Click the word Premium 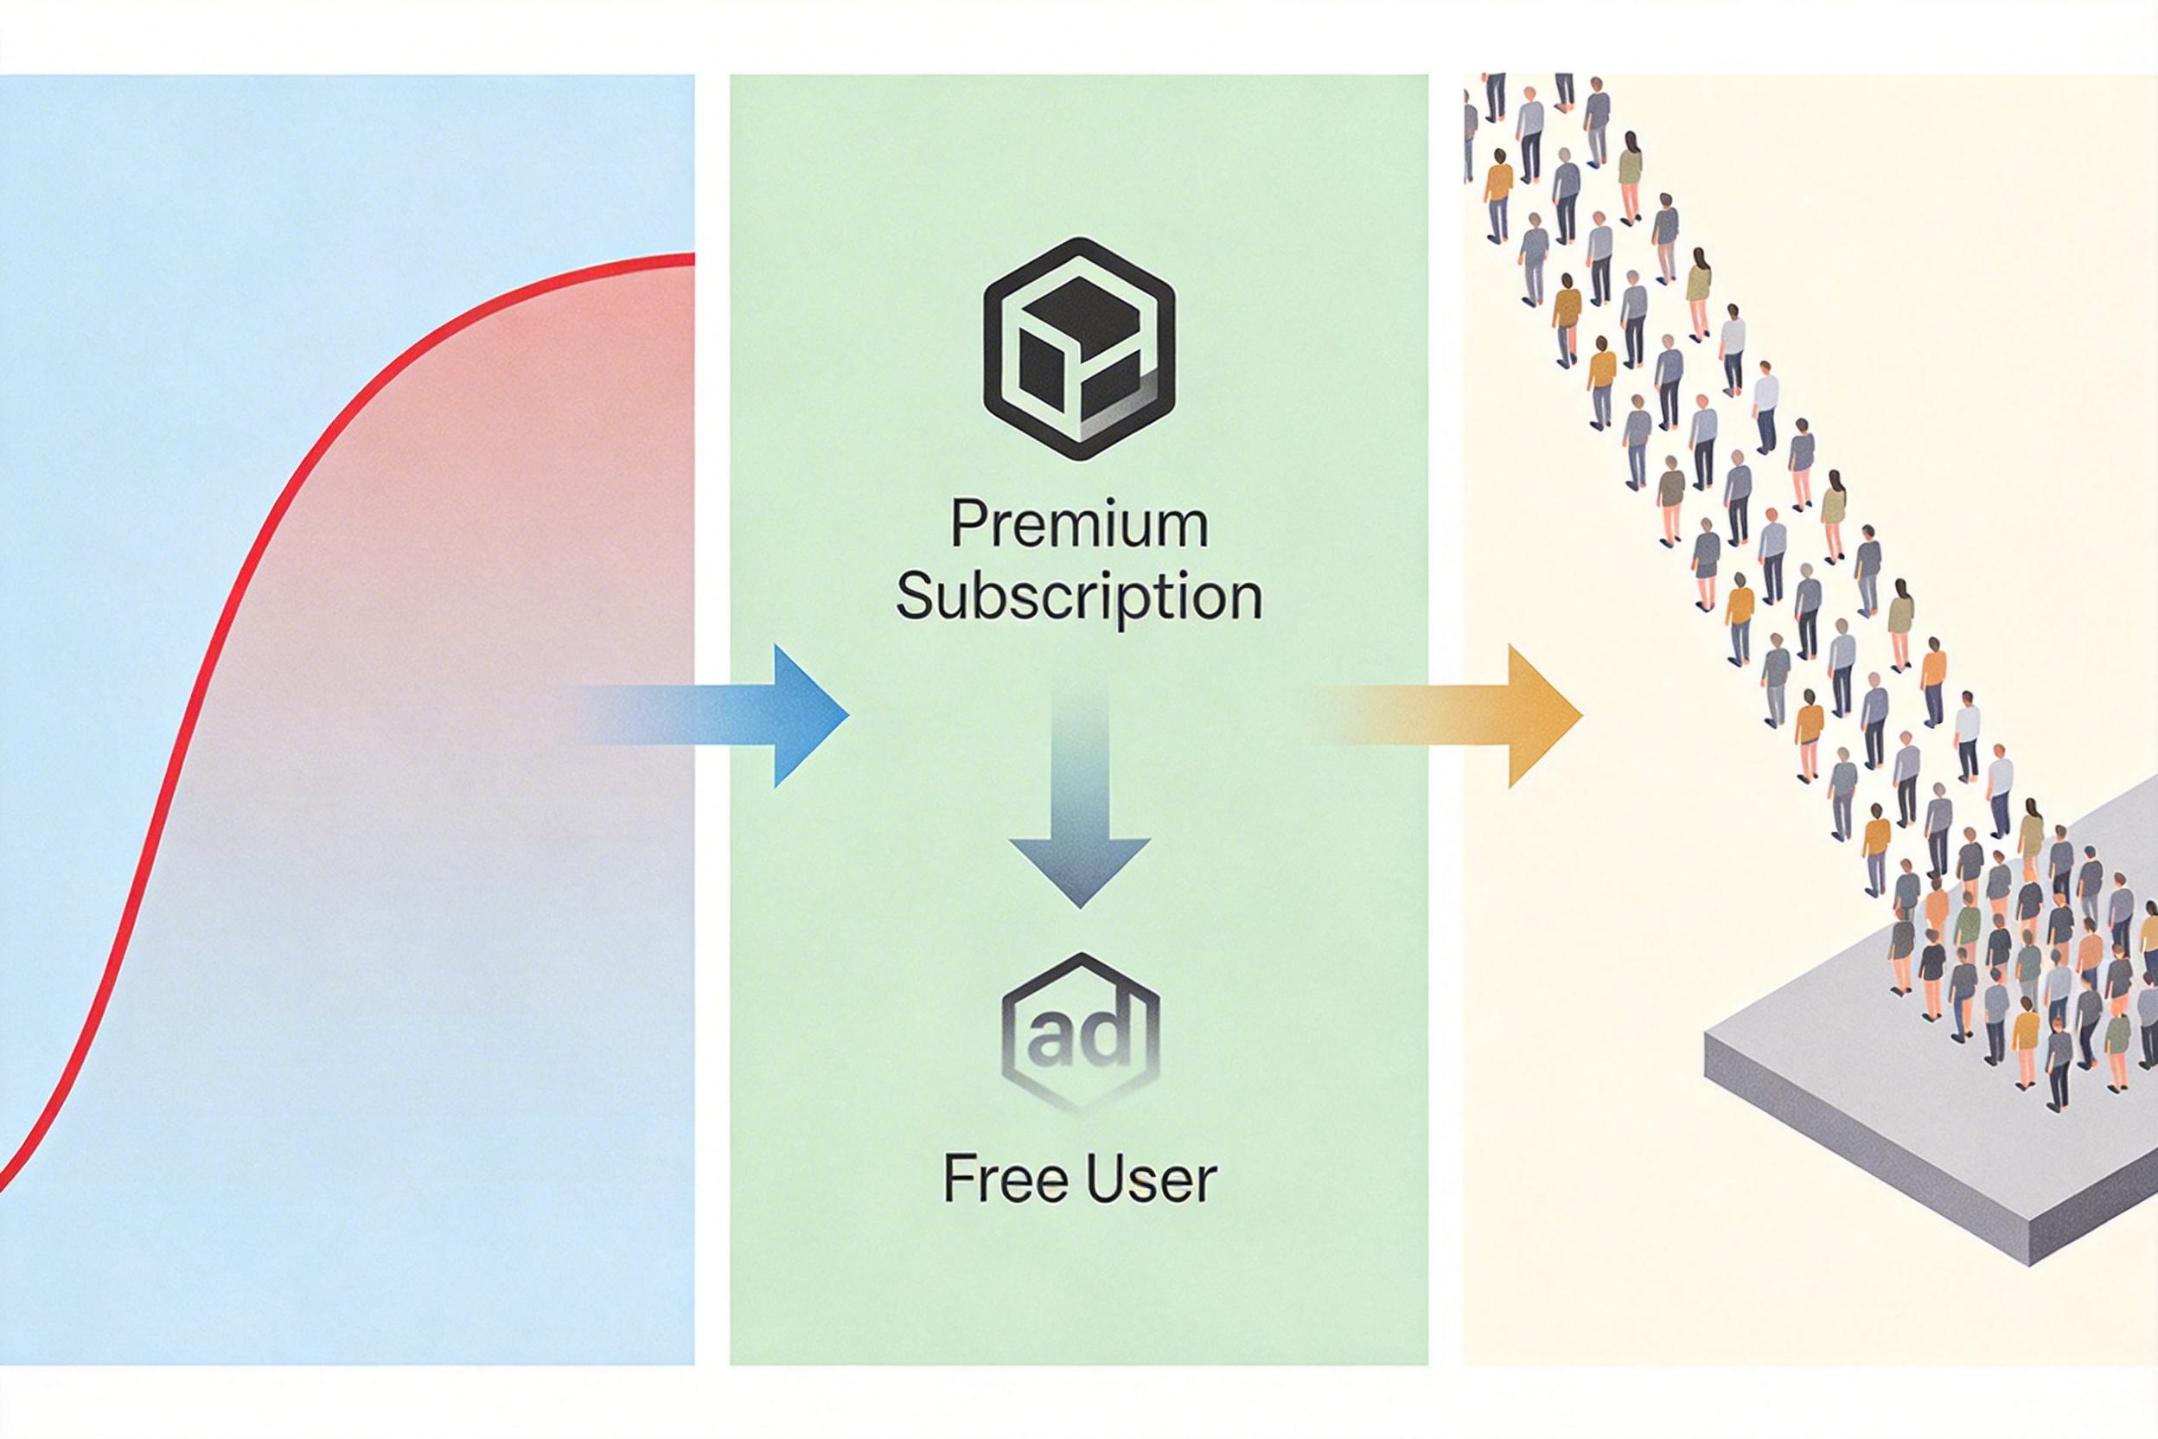(x=1079, y=527)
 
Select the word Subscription (x=1079, y=598)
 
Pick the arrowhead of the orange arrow (x=1542, y=716)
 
